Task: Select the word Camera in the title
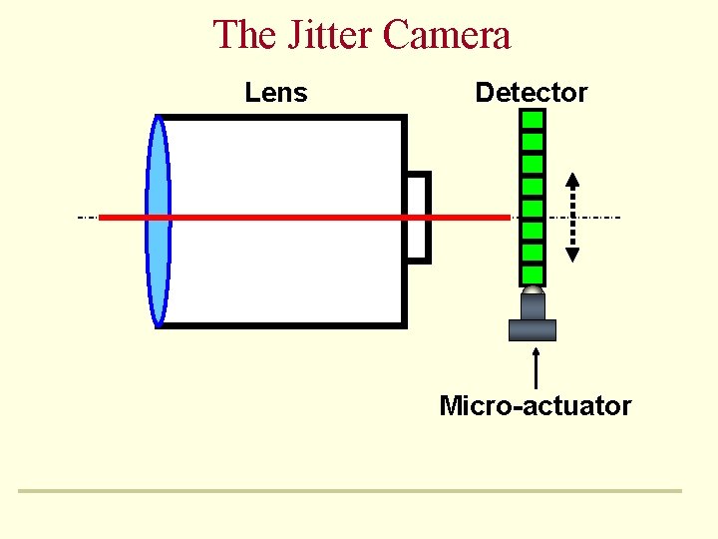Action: [447, 35]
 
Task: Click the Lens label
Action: [276, 93]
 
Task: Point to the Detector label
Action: [532, 93]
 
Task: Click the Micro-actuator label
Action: [536, 406]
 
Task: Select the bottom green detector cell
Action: [533, 274]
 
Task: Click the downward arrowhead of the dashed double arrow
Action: [572, 254]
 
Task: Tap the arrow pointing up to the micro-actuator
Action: [537, 365]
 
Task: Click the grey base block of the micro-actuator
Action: [533, 329]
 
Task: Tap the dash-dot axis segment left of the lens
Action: [89, 217]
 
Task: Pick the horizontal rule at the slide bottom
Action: [349, 490]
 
